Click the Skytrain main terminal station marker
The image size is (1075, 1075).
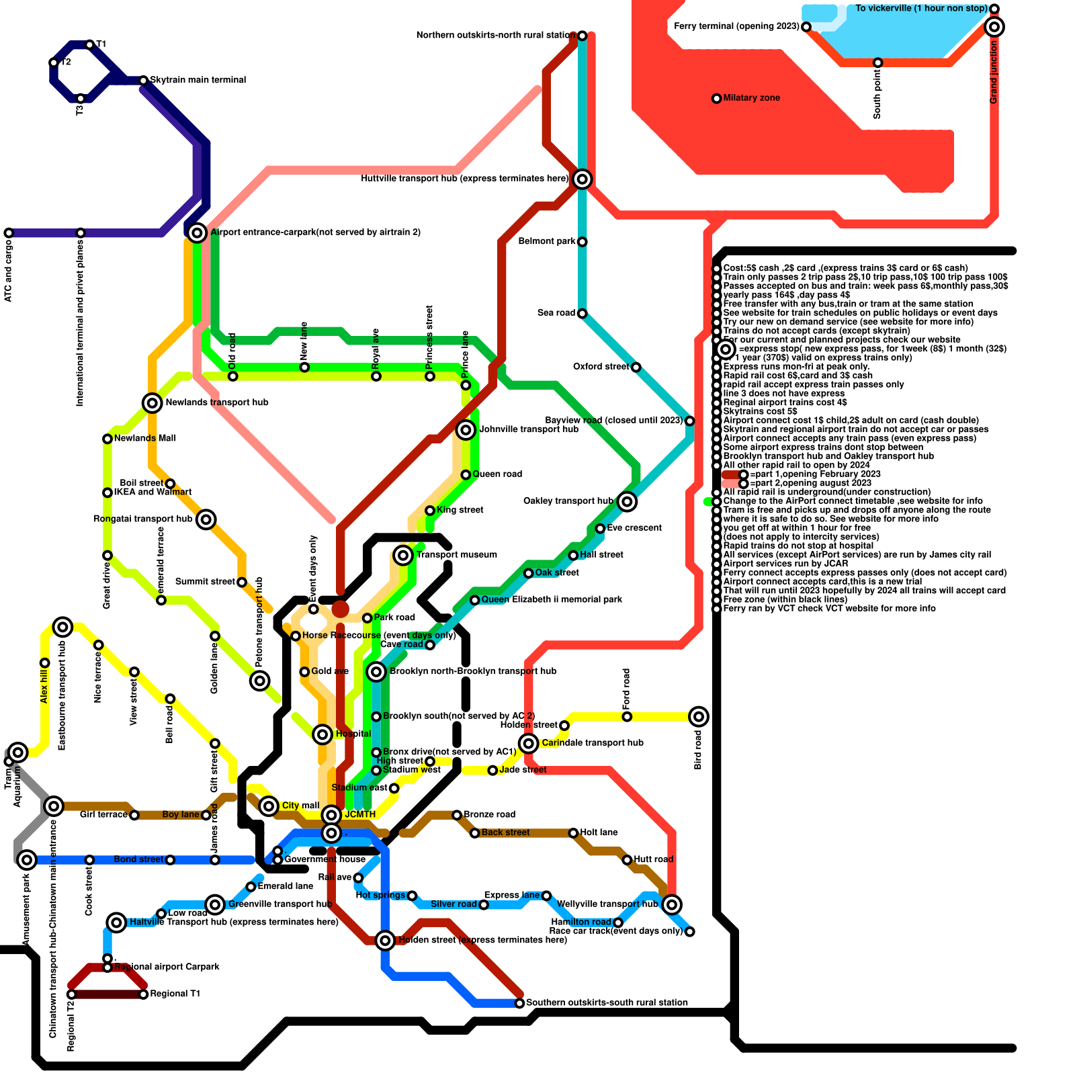point(143,81)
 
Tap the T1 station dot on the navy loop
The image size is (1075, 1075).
point(89,45)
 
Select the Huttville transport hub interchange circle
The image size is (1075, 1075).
point(583,179)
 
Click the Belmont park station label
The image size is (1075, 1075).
point(547,241)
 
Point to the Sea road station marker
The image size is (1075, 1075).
point(583,314)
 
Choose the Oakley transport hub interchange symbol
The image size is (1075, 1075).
point(627,501)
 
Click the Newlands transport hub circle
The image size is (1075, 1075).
point(153,402)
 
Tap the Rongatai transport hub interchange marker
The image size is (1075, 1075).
point(206,519)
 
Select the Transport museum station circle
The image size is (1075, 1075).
point(403,555)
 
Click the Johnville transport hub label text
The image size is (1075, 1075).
point(528,429)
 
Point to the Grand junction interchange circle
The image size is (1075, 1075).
point(994,27)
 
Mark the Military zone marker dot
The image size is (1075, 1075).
point(717,98)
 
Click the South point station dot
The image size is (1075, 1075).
point(877,62)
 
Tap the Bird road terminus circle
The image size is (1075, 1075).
point(699,716)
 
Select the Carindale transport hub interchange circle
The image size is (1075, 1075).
point(529,743)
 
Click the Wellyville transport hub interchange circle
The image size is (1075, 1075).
point(672,904)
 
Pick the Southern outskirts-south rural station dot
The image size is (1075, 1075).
point(519,1003)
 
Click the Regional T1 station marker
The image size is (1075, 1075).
point(143,994)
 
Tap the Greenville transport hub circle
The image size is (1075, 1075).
point(215,904)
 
